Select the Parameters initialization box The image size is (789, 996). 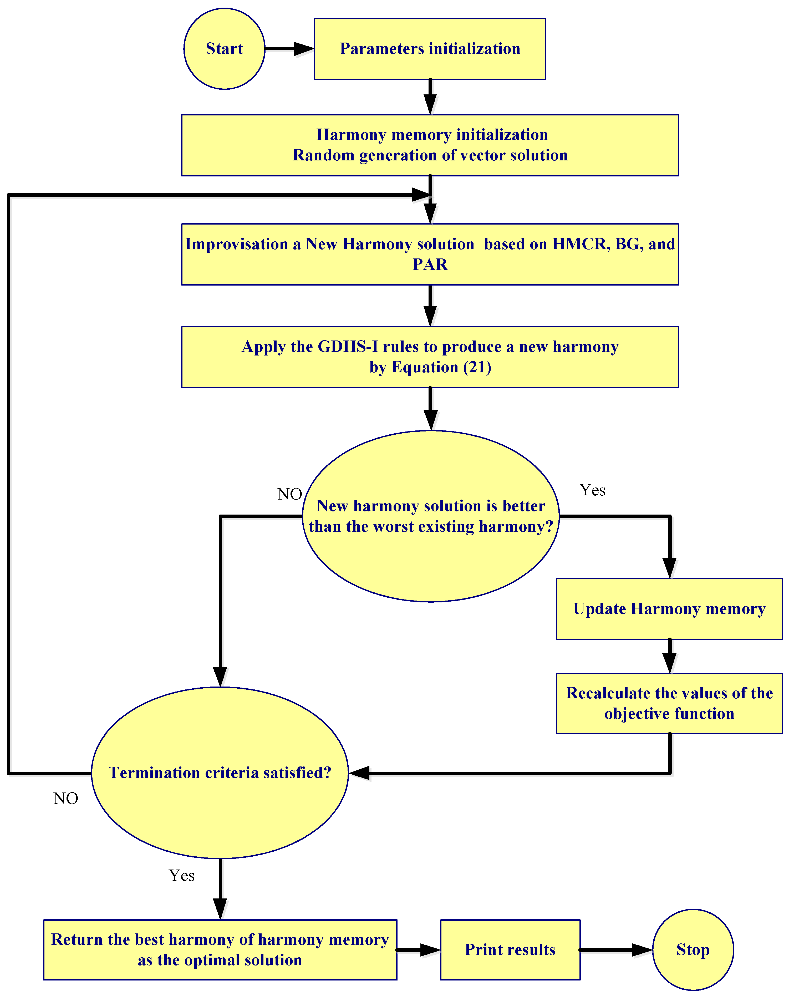coord(430,49)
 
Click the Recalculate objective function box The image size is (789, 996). coord(669,703)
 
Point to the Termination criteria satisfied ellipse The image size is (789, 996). coord(220,773)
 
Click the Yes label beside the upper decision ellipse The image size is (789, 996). coord(592,490)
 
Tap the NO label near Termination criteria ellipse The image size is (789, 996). coord(65,798)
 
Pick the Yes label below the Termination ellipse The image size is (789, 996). coord(182,875)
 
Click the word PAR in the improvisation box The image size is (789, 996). coord(430,264)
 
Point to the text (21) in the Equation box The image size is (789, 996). coord(477,367)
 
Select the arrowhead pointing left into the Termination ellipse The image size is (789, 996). coord(359,773)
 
